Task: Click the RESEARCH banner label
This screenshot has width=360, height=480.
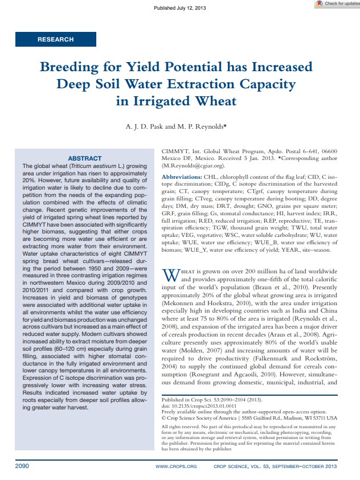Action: click(x=55, y=39)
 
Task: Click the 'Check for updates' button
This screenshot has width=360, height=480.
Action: click(x=338, y=4)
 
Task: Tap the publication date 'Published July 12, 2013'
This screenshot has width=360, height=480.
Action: click(x=180, y=7)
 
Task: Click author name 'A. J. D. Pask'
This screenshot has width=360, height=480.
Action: click(x=149, y=126)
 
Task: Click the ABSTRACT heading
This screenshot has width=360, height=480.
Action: click(x=85, y=158)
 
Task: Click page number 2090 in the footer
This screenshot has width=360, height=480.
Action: click(x=22, y=466)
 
